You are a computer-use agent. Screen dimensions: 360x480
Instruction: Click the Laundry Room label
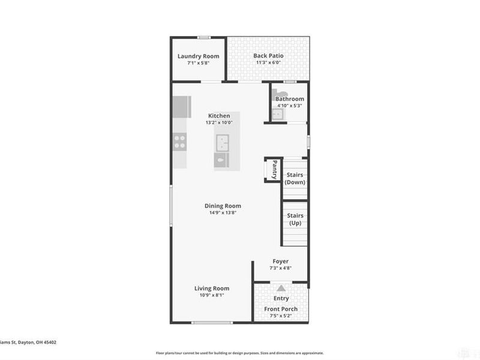click(x=198, y=56)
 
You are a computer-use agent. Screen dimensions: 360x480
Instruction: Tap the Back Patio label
click(x=268, y=56)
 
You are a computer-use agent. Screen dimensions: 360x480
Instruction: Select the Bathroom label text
click(x=289, y=99)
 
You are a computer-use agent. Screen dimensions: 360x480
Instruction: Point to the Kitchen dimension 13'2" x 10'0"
click(x=218, y=122)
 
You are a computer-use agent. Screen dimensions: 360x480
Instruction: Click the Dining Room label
click(x=223, y=206)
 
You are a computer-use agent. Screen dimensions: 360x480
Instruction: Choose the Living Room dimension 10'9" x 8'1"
click(x=211, y=295)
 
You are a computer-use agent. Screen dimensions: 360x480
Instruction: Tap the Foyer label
click(x=280, y=262)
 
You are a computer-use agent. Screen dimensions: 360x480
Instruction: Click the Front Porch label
click(x=281, y=310)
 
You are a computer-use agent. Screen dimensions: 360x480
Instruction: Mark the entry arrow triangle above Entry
click(x=281, y=289)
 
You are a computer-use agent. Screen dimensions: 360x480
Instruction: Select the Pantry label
click(x=274, y=169)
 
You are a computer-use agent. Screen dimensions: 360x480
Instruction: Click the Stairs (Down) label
click(x=295, y=178)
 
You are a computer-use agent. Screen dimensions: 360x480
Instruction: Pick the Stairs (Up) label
click(x=295, y=219)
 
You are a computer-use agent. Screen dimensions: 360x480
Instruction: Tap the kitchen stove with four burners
click(x=179, y=142)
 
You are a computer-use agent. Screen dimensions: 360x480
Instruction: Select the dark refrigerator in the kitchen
click(x=181, y=107)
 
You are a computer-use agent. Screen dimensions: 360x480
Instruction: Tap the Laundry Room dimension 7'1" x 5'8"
click(x=198, y=63)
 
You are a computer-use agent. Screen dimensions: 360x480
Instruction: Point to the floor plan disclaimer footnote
click(x=240, y=353)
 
